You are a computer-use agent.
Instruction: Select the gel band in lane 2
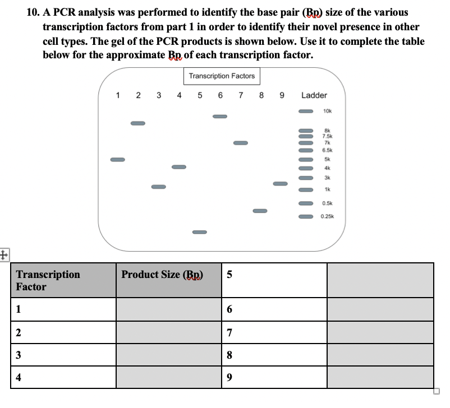138,123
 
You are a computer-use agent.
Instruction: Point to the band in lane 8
259,211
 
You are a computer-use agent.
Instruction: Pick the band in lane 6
219,117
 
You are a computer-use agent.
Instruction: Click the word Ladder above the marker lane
314,95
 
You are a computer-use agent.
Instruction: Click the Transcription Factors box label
222,76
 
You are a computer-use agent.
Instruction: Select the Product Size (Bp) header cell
162,275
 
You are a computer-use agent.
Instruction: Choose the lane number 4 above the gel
179,95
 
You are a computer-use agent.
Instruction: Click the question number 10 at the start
33,12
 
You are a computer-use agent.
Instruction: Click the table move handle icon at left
5,254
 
